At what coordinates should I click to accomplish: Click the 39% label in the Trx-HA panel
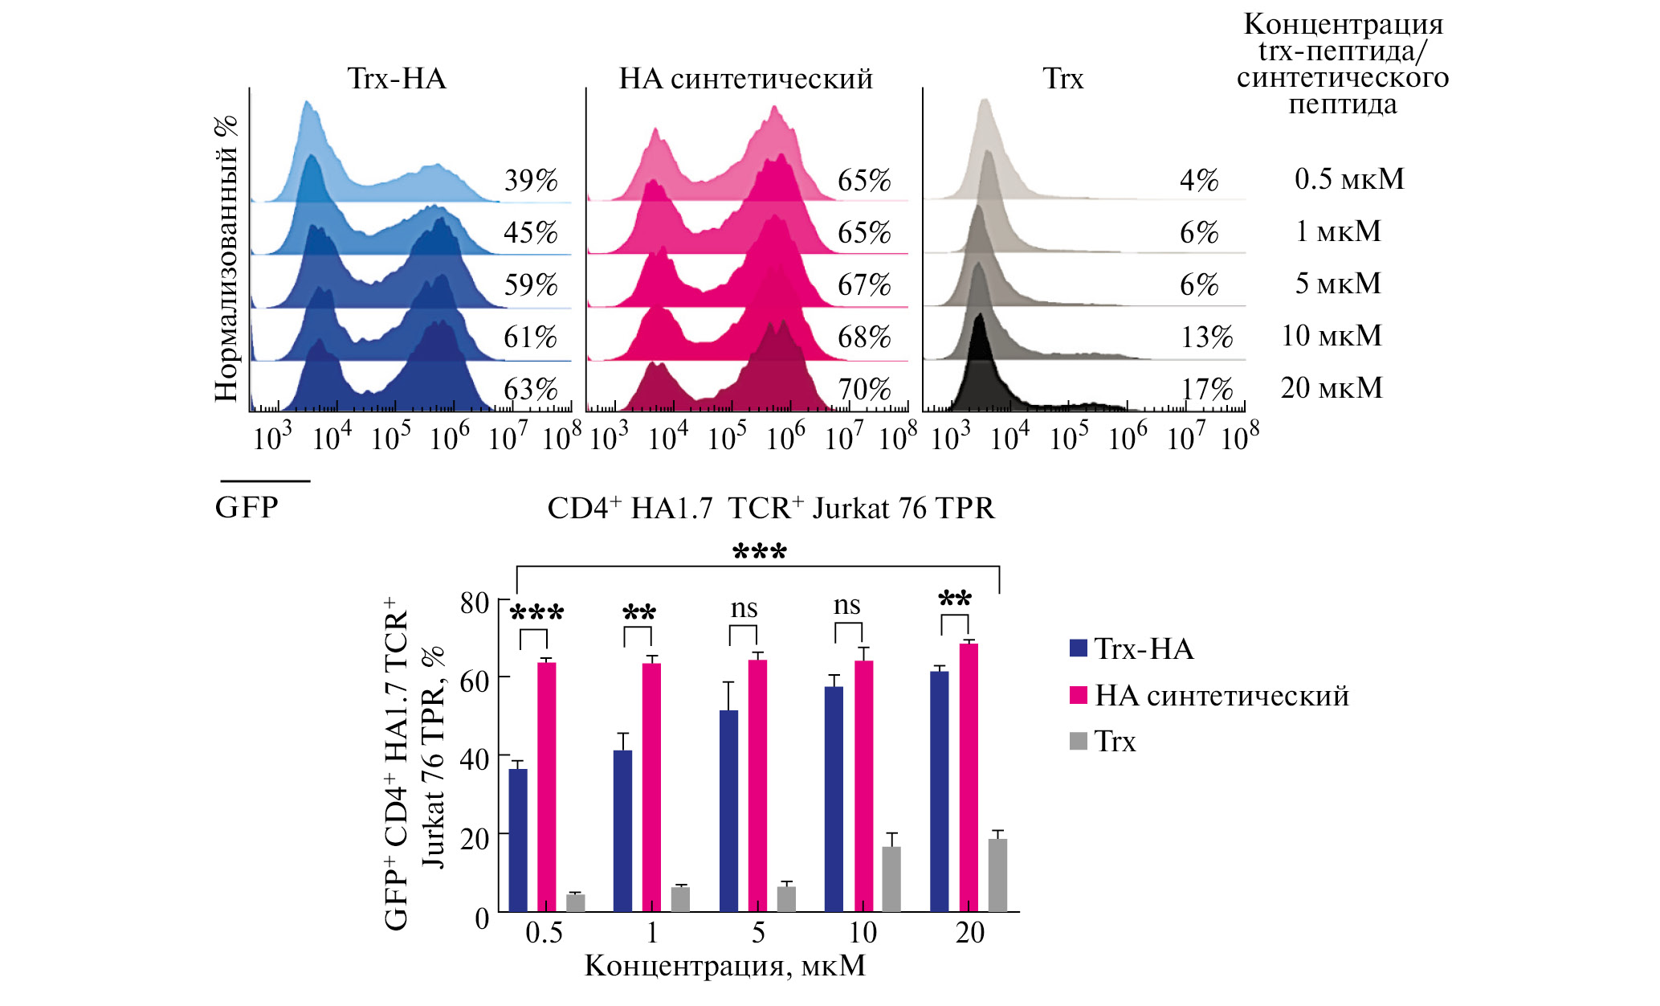[x=531, y=180]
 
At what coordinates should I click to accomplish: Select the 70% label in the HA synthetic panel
[x=864, y=390]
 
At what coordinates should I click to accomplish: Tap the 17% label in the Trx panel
[x=1206, y=390]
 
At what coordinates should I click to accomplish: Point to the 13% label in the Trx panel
[x=1206, y=337]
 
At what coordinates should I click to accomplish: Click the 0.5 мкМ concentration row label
[x=1349, y=178]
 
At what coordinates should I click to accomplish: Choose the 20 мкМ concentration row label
[x=1332, y=388]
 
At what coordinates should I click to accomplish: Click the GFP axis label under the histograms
[x=247, y=508]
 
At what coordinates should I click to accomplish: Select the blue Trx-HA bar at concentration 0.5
[x=518, y=840]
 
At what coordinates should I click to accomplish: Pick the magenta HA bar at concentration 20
[x=969, y=777]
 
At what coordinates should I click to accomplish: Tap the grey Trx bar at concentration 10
[x=891, y=879]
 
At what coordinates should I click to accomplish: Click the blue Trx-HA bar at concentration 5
[x=728, y=811]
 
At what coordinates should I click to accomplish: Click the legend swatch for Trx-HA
[x=1079, y=648]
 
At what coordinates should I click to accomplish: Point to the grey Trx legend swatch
[x=1079, y=741]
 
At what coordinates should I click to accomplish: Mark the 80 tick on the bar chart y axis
[x=475, y=603]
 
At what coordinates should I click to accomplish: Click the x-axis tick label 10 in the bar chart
[x=863, y=933]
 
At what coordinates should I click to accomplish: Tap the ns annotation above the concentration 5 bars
[x=744, y=608]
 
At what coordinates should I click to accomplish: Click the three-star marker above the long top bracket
[x=760, y=552]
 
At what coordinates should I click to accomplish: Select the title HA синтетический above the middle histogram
[x=745, y=79]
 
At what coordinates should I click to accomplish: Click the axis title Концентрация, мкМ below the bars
[x=725, y=966]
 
